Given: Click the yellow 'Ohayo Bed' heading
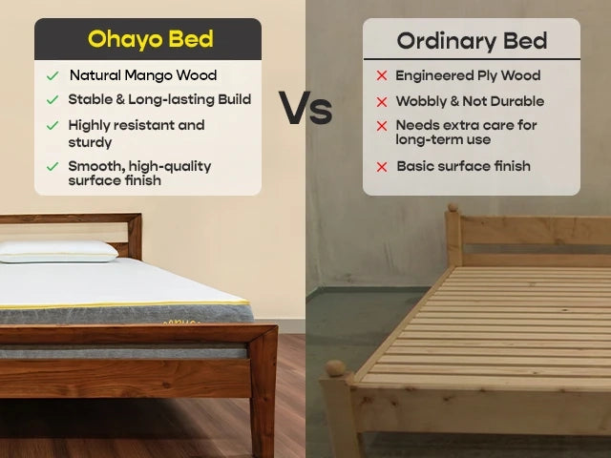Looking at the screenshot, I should (x=150, y=39).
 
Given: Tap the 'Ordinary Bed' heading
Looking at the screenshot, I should (x=472, y=41).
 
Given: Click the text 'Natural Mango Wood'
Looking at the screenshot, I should (x=142, y=75).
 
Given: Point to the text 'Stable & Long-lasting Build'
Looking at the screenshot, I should (x=159, y=99).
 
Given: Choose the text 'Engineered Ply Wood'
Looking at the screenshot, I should (x=468, y=75).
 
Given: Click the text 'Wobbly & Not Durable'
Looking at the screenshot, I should (x=470, y=101).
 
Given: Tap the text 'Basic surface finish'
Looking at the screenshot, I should (x=463, y=166).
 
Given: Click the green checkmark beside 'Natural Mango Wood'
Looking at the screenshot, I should (x=53, y=75).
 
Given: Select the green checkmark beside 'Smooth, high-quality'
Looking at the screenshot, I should (x=53, y=167).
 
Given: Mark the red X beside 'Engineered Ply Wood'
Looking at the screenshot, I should (x=382, y=75).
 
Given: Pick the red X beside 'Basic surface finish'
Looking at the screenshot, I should (x=382, y=167).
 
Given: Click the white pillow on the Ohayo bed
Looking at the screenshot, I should (x=59, y=250).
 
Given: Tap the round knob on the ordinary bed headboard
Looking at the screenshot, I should (x=453, y=210).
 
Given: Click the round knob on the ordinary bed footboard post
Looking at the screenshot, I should (x=334, y=367).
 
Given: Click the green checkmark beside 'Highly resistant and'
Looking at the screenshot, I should (x=53, y=126).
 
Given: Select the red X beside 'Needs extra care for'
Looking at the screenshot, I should (x=382, y=126).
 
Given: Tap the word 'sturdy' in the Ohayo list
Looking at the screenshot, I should (x=90, y=142).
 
